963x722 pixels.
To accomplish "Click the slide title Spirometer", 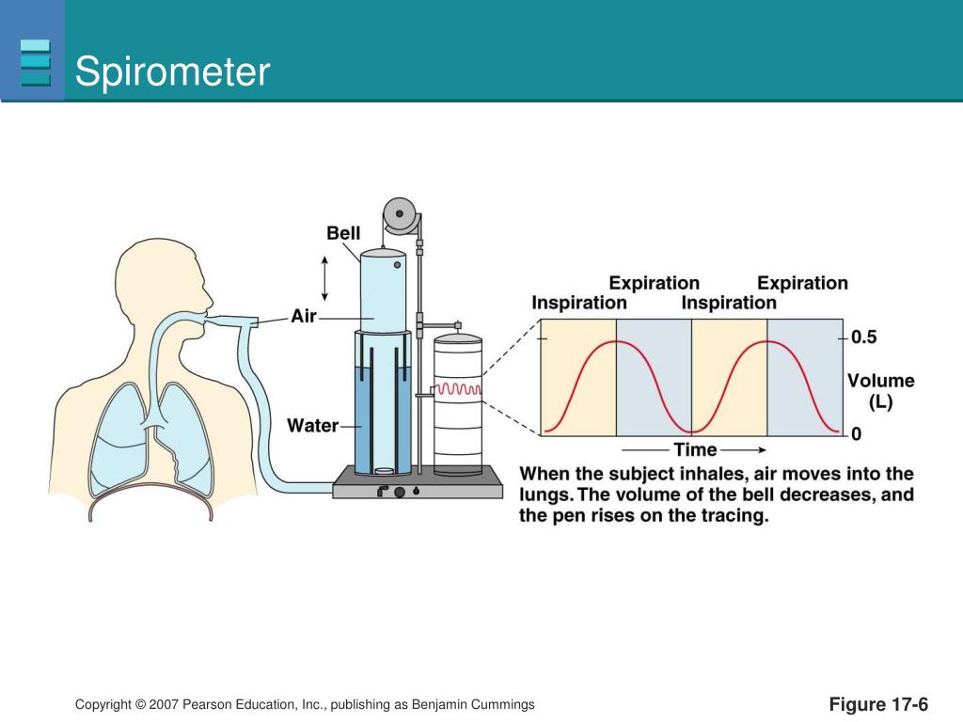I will [172, 72].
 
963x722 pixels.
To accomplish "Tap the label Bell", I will [343, 232].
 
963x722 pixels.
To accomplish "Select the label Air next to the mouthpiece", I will [304, 317].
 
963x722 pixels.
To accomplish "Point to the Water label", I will [312, 426].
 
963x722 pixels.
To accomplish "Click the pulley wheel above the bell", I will [400, 213].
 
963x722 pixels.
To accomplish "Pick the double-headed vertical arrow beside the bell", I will [325, 276].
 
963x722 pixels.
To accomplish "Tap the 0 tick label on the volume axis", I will [856, 434].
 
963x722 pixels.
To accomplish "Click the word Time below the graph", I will [695, 450].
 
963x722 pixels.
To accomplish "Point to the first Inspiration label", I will [579, 303].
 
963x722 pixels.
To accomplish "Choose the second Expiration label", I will [802, 283].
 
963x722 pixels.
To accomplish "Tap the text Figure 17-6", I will [878, 705].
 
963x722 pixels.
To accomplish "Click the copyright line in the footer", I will [305, 705].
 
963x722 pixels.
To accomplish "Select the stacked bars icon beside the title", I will [35, 63].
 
